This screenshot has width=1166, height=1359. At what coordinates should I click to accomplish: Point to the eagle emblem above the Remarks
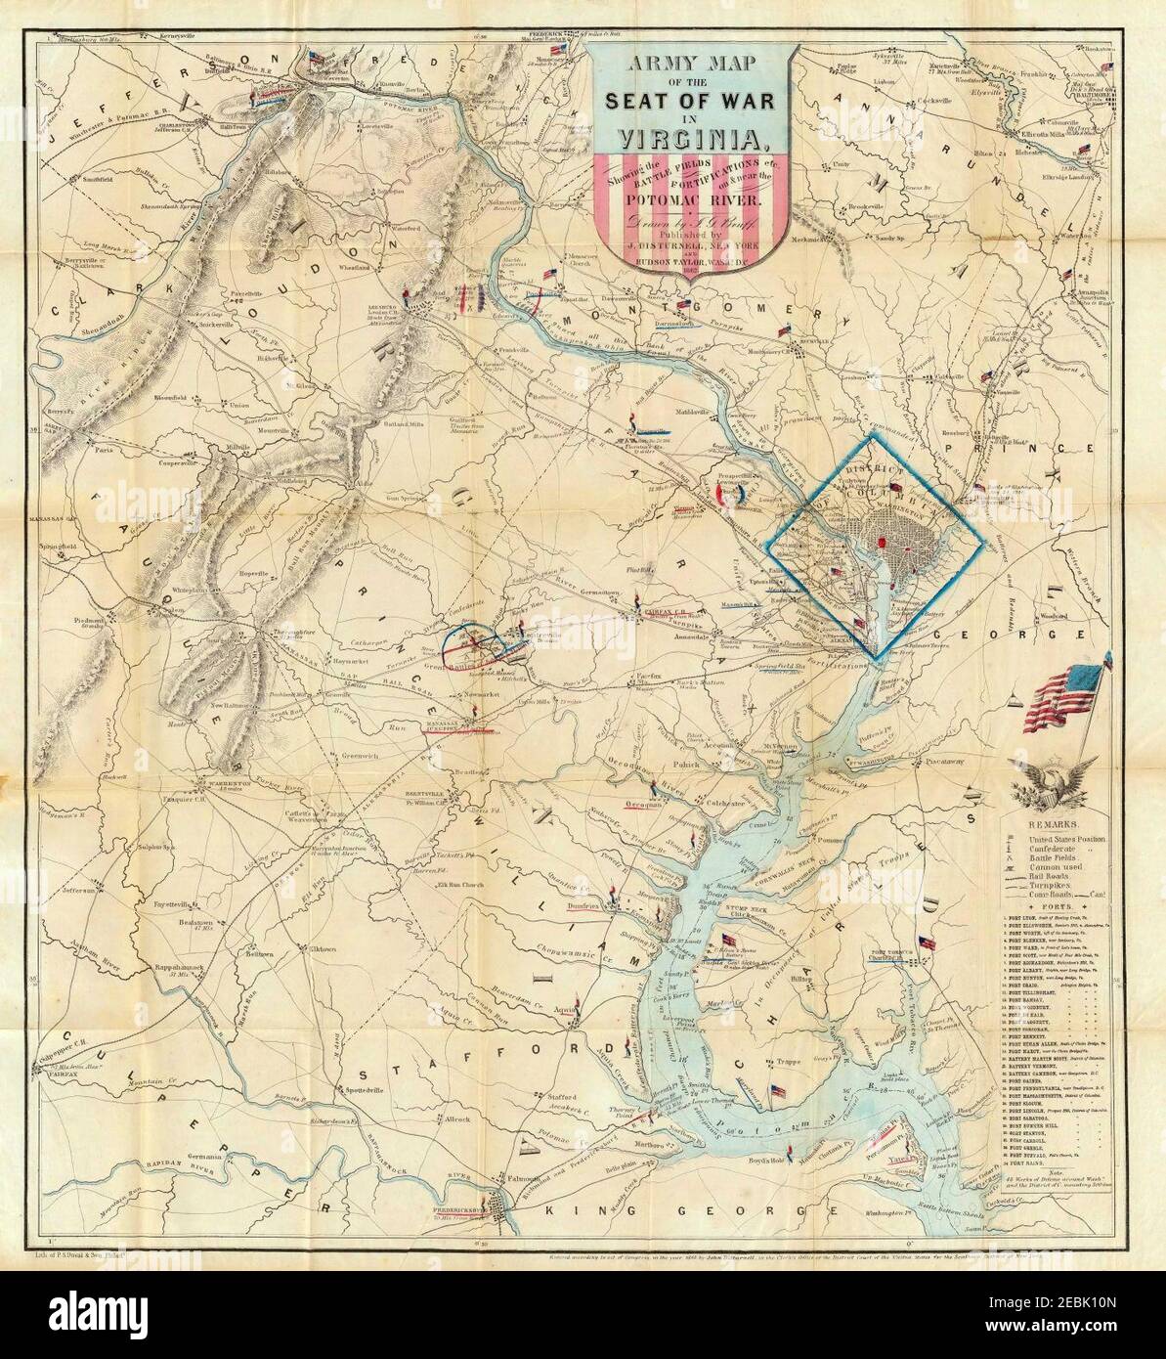point(1046,787)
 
